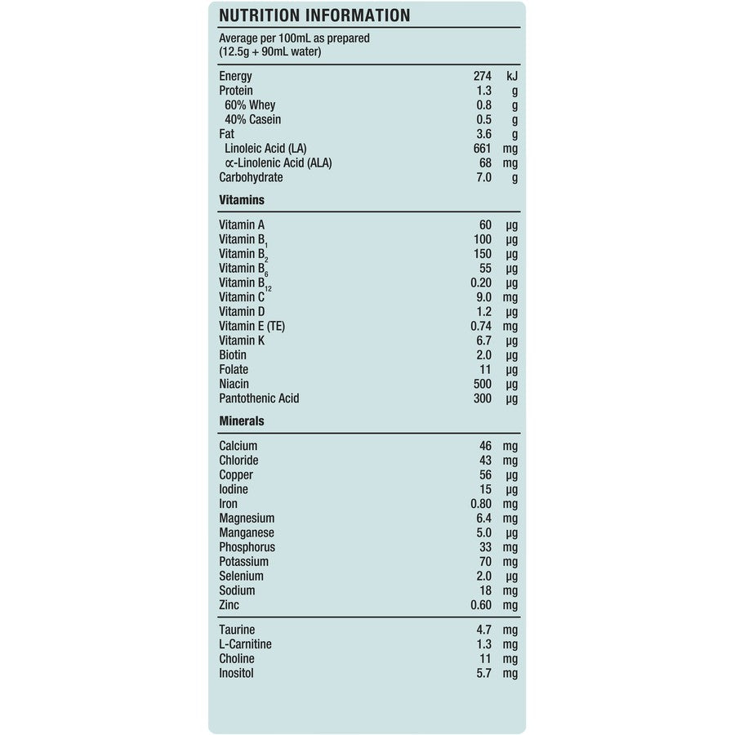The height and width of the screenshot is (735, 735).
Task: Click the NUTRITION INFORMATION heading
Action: click(x=314, y=16)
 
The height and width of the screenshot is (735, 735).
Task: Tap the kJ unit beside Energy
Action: click(x=511, y=76)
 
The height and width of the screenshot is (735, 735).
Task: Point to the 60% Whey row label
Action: click(x=250, y=105)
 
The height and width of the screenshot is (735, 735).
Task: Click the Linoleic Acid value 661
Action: click(x=482, y=149)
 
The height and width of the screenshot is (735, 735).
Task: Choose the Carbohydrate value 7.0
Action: click(x=483, y=177)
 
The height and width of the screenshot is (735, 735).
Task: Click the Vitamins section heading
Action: click(x=242, y=199)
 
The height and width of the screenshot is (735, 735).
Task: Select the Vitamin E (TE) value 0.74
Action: click(x=479, y=326)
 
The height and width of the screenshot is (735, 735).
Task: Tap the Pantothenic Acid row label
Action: click(x=259, y=399)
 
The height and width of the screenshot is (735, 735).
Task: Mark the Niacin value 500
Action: click(x=482, y=384)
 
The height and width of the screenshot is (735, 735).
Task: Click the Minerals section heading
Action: click(x=242, y=421)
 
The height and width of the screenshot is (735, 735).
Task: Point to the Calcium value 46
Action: click(x=485, y=446)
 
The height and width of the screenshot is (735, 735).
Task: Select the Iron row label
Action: click(x=228, y=504)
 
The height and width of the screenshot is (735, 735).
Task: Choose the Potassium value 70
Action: click(x=485, y=562)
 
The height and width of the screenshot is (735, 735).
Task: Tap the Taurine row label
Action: click(x=237, y=630)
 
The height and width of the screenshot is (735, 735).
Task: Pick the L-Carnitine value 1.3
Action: click(x=483, y=644)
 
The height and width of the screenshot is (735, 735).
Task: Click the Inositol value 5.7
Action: click(x=483, y=673)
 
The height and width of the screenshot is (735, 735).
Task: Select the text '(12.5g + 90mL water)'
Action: click(x=270, y=52)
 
